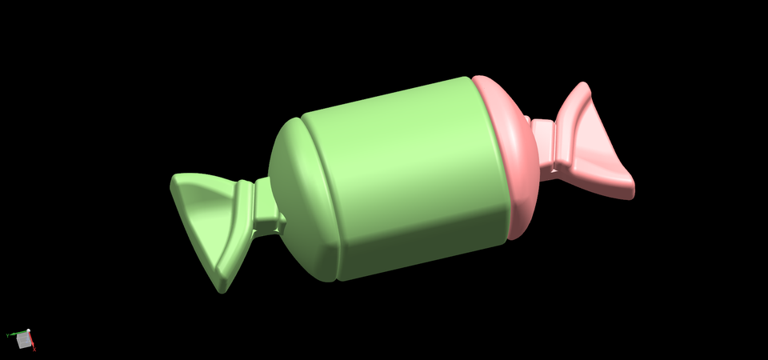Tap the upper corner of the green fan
pos(176,182)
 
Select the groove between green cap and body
pos(320,200)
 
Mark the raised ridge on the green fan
pos(238,220)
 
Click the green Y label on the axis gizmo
pos(7,334)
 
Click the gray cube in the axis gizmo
pos(24,342)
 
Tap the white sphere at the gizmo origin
pos(28,331)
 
